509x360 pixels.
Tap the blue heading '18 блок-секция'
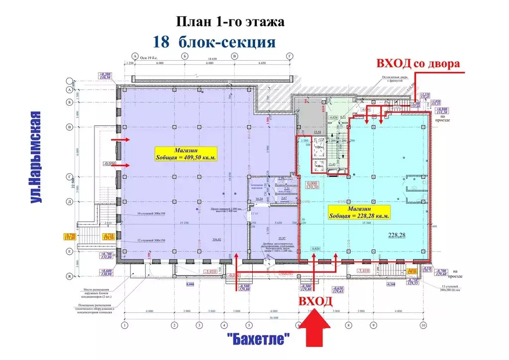tap(214, 42)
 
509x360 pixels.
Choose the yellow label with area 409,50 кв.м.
tap(186, 154)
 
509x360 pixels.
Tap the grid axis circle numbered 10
tap(423, 325)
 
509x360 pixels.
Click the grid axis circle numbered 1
tap(125, 325)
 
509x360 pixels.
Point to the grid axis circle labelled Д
tap(70, 201)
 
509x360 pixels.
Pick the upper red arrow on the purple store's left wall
tap(121, 140)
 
